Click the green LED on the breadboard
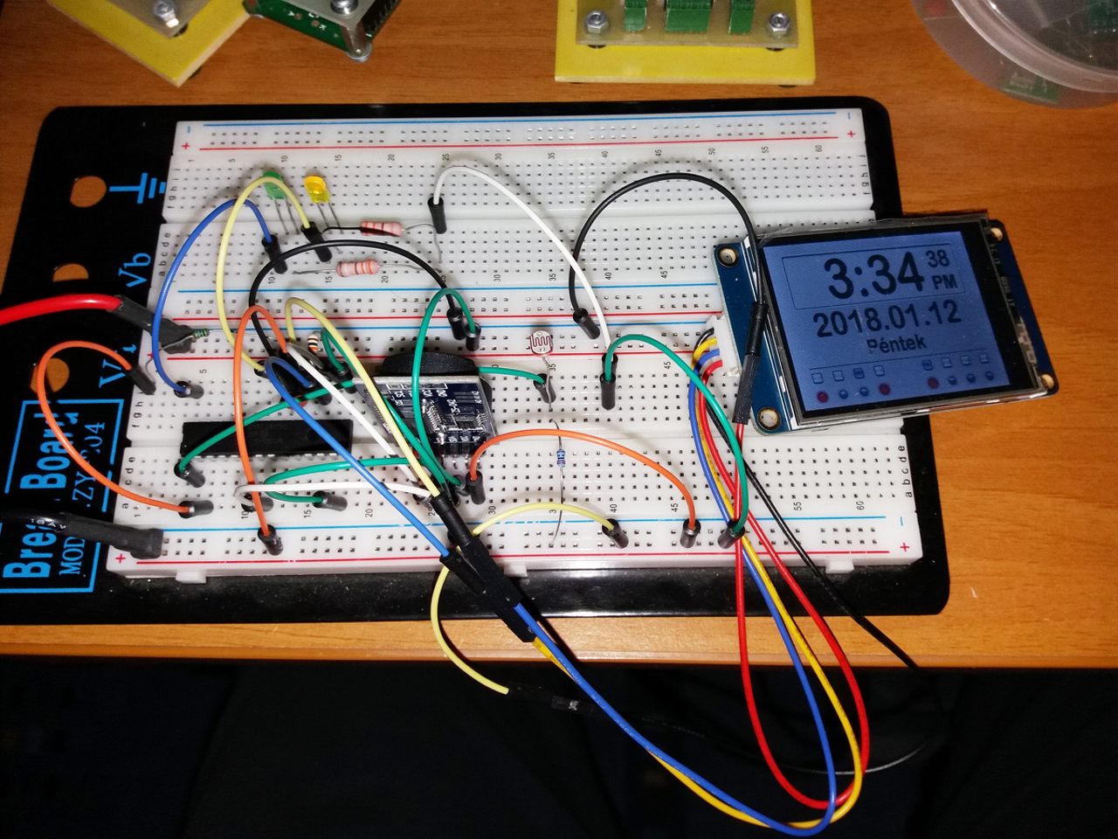(272, 186)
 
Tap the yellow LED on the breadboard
(314, 189)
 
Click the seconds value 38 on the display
(938, 258)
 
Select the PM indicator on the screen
(942, 281)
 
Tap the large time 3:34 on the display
(874, 273)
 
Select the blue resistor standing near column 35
(560, 455)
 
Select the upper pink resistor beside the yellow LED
(382, 229)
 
